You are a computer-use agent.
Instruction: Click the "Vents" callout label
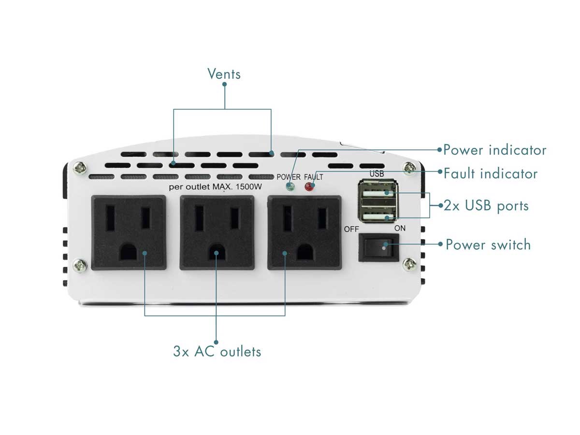coord(224,73)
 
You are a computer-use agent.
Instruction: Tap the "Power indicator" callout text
coord(494,150)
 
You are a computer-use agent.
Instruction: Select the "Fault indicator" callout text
coord(490,173)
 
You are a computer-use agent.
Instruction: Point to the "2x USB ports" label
coord(486,205)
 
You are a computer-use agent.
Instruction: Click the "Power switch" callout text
coord(488,244)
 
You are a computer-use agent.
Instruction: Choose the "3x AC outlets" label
coord(217,351)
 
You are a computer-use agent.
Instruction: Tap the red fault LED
coord(307,187)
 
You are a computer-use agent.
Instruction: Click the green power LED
coord(290,187)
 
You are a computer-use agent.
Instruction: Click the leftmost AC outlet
coord(129,232)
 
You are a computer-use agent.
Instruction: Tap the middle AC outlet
coord(217,232)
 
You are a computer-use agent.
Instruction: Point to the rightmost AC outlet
coord(305,232)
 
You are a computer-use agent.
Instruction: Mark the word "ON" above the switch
coord(400,228)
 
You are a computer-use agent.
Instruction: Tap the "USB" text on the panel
coord(377,173)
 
